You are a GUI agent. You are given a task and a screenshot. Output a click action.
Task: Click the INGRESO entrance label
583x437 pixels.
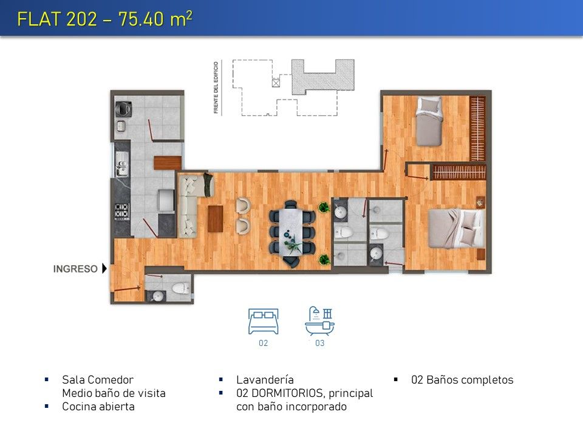(75, 269)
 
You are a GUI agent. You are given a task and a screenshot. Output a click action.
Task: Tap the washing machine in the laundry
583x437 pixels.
(123, 108)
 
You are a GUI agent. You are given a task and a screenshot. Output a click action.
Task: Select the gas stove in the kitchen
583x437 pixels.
(122, 211)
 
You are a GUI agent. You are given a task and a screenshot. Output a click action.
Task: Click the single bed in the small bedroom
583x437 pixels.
(429, 121)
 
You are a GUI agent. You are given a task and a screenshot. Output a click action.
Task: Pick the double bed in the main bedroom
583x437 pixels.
(457, 229)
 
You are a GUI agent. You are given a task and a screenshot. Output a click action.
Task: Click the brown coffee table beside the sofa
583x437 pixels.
(215, 218)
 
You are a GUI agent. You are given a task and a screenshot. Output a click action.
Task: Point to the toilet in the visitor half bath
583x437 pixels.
(181, 288)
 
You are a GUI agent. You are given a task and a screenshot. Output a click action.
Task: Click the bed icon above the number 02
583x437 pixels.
(263, 322)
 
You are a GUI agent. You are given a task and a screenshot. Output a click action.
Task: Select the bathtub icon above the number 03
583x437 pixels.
(319, 322)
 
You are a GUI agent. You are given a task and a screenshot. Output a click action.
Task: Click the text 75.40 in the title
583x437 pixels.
(141, 19)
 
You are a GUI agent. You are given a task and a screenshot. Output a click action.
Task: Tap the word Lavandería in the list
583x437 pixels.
(265, 380)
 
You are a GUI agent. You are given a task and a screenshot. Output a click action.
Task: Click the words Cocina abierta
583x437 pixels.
(98, 407)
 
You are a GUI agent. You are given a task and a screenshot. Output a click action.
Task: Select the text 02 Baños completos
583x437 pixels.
(462, 380)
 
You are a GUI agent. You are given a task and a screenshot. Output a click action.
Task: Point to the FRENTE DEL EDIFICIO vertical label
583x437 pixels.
(216, 87)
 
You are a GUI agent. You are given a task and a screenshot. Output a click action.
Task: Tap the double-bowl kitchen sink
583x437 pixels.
(121, 163)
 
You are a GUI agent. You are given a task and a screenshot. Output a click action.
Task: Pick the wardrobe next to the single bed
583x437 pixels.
(477, 128)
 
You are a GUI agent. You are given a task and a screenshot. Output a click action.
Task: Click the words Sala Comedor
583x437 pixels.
(97, 380)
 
